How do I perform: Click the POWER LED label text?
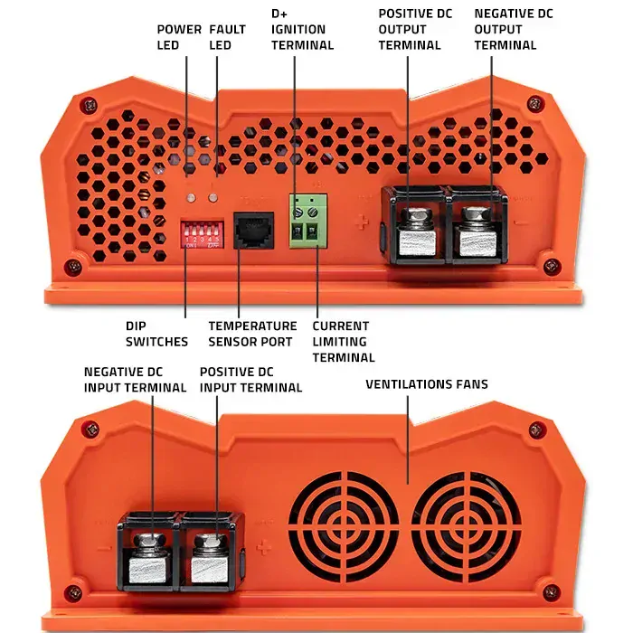click(179, 36)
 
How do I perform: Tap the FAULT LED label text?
click(227, 36)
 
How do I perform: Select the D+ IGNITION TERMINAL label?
click(302, 30)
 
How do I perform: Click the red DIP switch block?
click(202, 232)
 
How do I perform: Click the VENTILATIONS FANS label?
click(426, 384)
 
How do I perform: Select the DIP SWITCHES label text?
click(157, 334)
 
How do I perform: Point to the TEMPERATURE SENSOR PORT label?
click(252, 334)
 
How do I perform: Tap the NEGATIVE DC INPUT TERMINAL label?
click(135, 380)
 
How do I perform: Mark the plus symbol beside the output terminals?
click(362, 222)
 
